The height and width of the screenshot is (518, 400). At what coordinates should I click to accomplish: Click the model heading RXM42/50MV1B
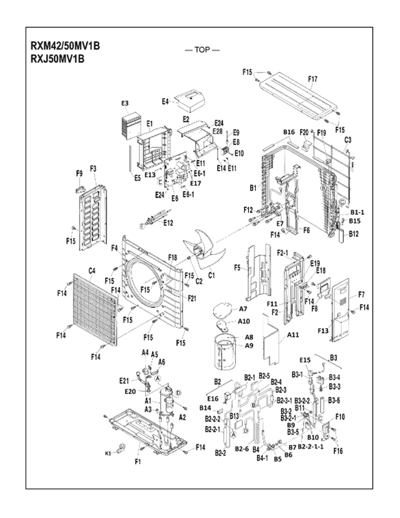click(x=65, y=46)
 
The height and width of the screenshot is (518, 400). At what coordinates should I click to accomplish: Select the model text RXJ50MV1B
click(x=58, y=59)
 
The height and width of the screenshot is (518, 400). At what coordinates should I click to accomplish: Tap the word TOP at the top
click(x=202, y=50)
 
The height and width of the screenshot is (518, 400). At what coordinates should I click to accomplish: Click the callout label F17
click(x=313, y=79)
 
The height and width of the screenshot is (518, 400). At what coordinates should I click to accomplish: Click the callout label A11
click(x=293, y=335)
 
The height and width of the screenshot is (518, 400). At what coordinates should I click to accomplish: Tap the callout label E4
click(x=165, y=101)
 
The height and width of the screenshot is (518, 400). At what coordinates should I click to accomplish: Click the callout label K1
click(x=107, y=454)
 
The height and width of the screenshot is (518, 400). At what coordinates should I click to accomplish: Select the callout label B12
click(x=354, y=234)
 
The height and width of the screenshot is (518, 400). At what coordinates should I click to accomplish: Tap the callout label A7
click(x=243, y=309)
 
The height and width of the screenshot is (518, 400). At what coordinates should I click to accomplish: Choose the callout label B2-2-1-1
click(x=311, y=447)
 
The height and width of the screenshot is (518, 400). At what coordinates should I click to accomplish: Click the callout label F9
click(x=79, y=172)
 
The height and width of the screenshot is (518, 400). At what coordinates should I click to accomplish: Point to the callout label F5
click(x=237, y=268)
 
